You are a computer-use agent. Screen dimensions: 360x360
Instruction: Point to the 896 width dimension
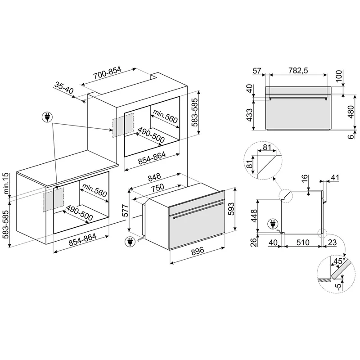(x=198, y=250)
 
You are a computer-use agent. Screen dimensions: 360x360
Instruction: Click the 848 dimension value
(x=154, y=177)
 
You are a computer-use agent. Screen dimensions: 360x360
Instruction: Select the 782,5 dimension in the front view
(x=298, y=71)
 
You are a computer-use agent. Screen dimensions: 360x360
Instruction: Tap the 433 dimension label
(x=249, y=115)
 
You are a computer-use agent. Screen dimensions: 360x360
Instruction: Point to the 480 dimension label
(x=351, y=112)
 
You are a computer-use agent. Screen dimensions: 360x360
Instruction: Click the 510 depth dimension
(x=303, y=242)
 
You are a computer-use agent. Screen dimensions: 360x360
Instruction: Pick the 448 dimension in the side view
(x=254, y=216)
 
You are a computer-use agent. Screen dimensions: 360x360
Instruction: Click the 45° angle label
(x=340, y=261)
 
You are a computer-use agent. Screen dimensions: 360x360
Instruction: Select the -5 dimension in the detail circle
(x=338, y=287)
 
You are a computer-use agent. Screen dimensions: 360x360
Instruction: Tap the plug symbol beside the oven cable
(x=130, y=242)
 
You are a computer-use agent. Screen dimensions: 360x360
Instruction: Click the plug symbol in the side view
(x=273, y=224)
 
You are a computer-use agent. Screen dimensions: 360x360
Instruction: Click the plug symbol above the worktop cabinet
(x=47, y=117)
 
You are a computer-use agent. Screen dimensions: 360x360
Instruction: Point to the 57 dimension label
(x=257, y=71)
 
